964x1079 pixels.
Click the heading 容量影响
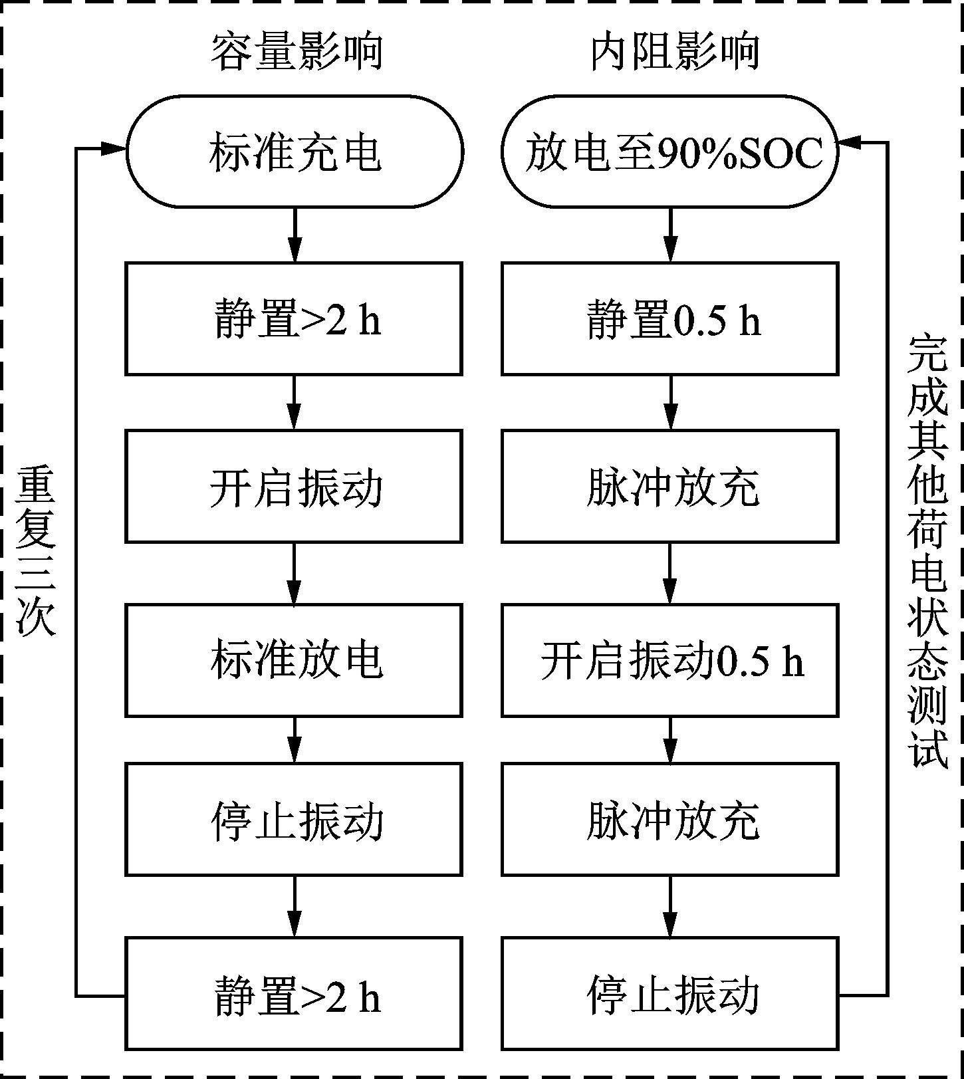(x=297, y=52)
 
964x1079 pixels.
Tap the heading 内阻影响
(x=675, y=52)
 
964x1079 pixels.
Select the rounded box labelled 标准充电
(x=295, y=152)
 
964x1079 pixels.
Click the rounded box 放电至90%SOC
(x=670, y=152)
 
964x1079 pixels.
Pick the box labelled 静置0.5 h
(x=670, y=318)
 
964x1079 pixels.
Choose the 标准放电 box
(x=294, y=660)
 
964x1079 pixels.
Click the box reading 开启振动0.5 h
(x=670, y=660)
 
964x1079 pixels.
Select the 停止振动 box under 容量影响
(x=294, y=819)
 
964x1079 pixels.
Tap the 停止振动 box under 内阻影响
(x=670, y=994)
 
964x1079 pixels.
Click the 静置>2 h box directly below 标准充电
(x=294, y=318)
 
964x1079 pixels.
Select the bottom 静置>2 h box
(x=294, y=994)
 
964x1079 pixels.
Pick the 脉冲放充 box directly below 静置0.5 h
(x=670, y=486)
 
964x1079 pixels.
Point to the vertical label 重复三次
(x=35, y=550)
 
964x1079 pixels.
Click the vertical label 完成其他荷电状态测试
(x=927, y=551)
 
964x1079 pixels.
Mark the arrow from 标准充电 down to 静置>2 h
(x=295, y=235)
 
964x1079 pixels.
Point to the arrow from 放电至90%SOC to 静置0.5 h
(x=670, y=235)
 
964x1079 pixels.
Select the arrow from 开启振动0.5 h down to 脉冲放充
(x=670, y=740)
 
